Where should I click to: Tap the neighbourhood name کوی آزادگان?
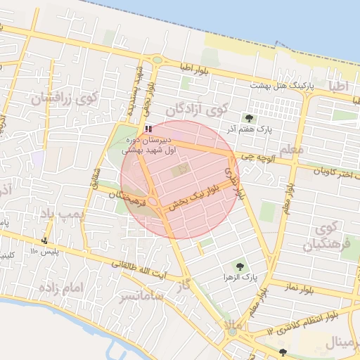tap(198, 110)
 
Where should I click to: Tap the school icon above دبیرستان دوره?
tap(148, 129)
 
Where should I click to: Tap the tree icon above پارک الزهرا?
tap(241, 266)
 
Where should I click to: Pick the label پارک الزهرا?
tap(231, 278)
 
